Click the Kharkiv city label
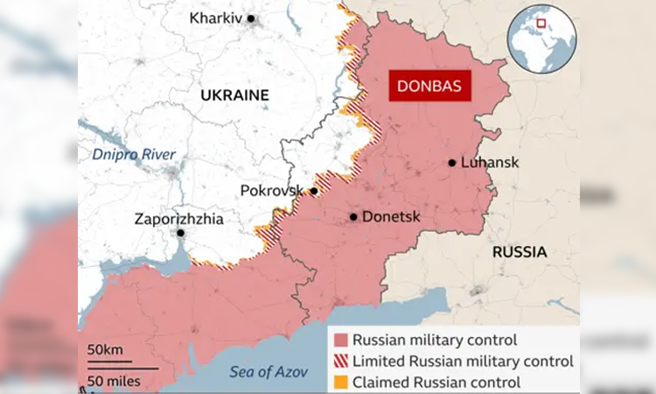pyautogui.click(x=216, y=18)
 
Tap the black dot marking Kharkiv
pyautogui.click(x=251, y=18)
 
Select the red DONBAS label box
pyautogui.click(x=429, y=87)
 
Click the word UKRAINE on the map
pyautogui.click(x=234, y=95)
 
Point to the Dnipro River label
pyautogui.click(x=135, y=155)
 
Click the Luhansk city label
pyautogui.click(x=491, y=163)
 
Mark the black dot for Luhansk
pyautogui.click(x=452, y=163)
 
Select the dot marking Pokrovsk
pyautogui.click(x=313, y=191)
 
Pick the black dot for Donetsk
pyautogui.click(x=353, y=216)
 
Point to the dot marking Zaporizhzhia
pyautogui.click(x=180, y=234)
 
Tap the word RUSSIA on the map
pyautogui.click(x=520, y=252)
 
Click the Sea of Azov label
pyautogui.click(x=269, y=372)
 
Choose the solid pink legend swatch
pyautogui.click(x=339, y=340)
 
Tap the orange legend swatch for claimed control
pyautogui.click(x=339, y=382)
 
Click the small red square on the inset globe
pyautogui.click(x=542, y=24)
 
